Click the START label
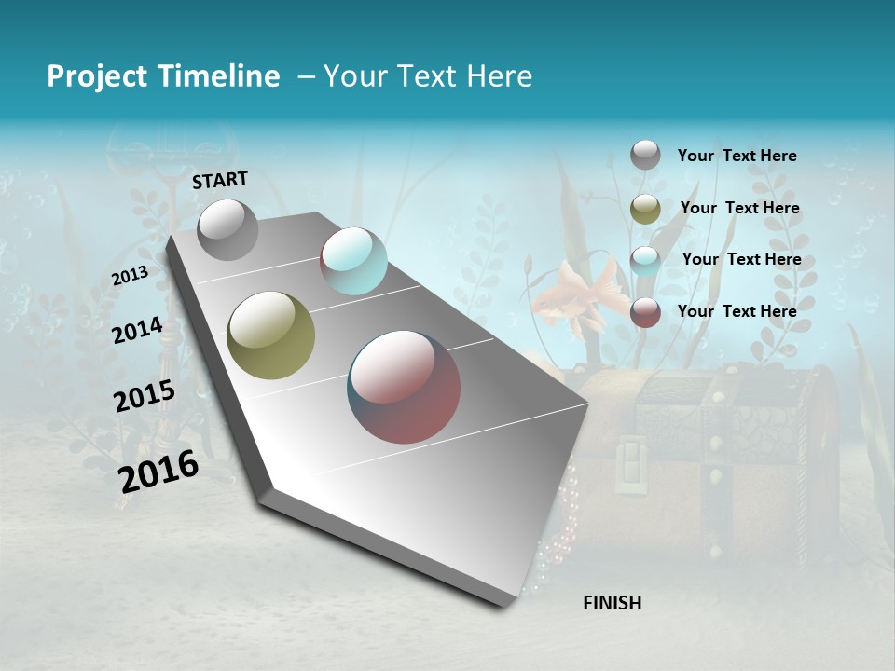(x=220, y=180)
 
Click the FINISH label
(x=612, y=603)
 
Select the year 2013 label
(x=130, y=275)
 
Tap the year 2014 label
(x=137, y=330)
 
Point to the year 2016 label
(x=158, y=472)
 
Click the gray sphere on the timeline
(x=227, y=229)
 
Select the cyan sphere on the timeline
(x=353, y=261)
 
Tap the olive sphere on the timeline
(x=270, y=335)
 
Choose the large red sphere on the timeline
(x=404, y=387)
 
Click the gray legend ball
(x=645, y=155)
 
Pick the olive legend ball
(x=645, y=209)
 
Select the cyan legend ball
(x=645, y=260)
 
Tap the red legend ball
(x=645, y=312)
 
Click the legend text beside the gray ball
(x=737, y=157)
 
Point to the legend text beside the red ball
(x=737, y=311)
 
